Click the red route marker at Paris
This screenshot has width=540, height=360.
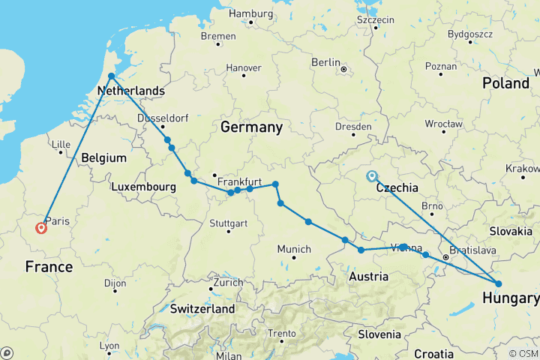tap(41, 228)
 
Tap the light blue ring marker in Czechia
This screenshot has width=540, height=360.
tap(371, 177)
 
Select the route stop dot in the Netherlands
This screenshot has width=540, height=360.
tap(111, 76)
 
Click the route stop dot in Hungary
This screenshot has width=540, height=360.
tap(498, 283)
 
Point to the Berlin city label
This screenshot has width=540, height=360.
tap(326, 62)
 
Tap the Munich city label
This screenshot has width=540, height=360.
tap(294, 249)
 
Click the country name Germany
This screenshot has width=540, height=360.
tap(251, 127)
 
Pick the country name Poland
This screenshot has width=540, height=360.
tap(505, 82)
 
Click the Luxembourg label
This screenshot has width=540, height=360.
tap(143, 185)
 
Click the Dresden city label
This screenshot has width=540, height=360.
tap(354, 127)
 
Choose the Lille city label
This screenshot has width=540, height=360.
tap(59, 145)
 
